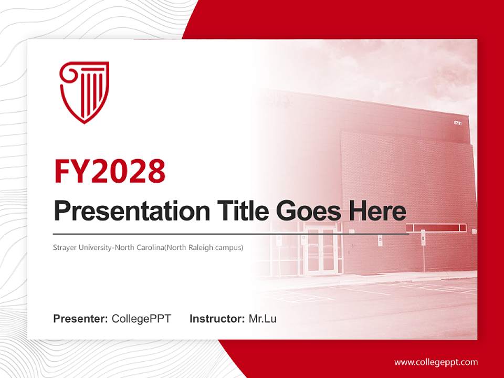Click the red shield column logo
point(85,92)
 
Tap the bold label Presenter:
point(81,319)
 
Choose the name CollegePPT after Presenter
point(141,319)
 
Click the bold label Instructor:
point(217,319)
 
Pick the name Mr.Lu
point(262,319)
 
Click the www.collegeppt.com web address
point(436,362)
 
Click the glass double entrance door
point(321,251)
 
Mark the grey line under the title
point(231,234)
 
